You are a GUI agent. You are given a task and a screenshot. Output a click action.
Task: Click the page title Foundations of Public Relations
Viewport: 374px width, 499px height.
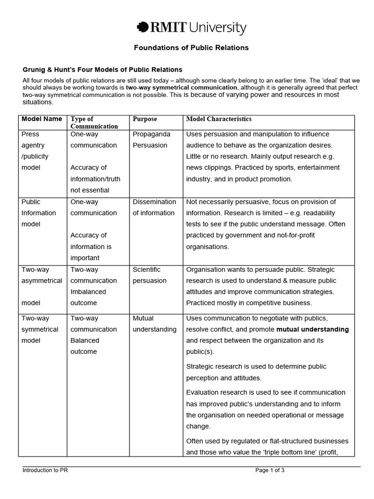pos(191,48)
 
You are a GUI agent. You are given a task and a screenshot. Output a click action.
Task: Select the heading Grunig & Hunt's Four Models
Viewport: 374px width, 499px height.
pos(102,70)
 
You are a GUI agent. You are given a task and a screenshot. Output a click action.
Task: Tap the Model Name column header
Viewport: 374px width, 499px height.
pos(41,119)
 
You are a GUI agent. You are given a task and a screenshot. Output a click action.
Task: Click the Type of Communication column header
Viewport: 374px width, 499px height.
pos(94,122)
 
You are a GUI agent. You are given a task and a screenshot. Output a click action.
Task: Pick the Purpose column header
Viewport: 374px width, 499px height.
pos(145,119)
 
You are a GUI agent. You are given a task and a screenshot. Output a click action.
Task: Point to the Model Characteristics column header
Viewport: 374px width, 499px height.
pos(219,119)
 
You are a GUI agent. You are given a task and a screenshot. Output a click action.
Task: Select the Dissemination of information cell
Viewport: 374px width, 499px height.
pos(154,207)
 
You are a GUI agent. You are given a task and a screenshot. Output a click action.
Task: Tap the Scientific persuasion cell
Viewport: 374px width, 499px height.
pos(150,275)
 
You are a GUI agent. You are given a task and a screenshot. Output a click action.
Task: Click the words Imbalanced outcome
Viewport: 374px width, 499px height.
pos(88,297)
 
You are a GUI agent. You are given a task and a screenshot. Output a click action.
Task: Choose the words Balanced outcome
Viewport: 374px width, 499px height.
pos(84,346)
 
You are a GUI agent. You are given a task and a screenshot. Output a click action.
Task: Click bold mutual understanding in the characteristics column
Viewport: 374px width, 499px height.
pos(313,329)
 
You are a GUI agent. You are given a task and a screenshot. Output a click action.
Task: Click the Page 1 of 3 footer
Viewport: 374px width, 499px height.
pos(270,470)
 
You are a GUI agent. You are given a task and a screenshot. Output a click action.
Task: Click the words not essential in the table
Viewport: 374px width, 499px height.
pos(90,190)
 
